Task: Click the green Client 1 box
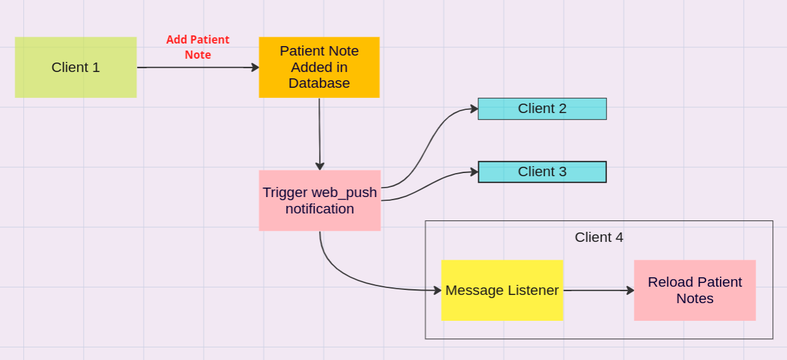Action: coord(76,68)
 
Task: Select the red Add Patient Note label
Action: coord(198,47)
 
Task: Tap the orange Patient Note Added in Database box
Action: coord(319,68)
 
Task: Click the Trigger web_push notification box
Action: coord(320,200)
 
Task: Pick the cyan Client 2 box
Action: coord(542,109)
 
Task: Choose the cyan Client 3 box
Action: coord(542,172)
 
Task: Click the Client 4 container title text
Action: coord(599,237)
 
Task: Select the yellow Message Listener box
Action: coord(502,291)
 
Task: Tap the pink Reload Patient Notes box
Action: coord(695,291)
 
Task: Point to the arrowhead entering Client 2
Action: coord(474,109)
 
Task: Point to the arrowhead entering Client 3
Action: coord(474,171)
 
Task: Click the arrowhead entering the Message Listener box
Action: coord(437,291)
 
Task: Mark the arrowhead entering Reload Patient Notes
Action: coord(630,291)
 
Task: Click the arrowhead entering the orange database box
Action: coord(255,68)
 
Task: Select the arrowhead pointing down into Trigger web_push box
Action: coord(320,165)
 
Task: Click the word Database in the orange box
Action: coord(319,83)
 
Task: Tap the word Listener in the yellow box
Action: coord(534,291)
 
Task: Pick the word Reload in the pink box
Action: coord(669,282)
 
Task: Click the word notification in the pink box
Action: coord(320,209)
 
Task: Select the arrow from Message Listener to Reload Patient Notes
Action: coord(597,291)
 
